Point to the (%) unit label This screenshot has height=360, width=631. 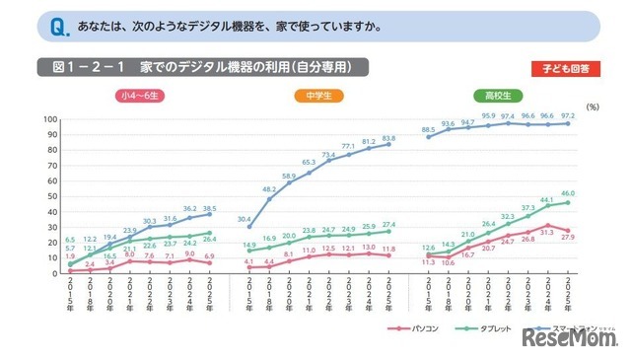pos(592,105)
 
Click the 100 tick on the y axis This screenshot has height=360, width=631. pos(46,119)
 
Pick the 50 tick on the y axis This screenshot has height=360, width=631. pos(48,196)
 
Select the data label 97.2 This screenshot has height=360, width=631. pos(569,115)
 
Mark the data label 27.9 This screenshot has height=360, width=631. pos(569,237)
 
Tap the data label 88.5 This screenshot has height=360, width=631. pos(428,129)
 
